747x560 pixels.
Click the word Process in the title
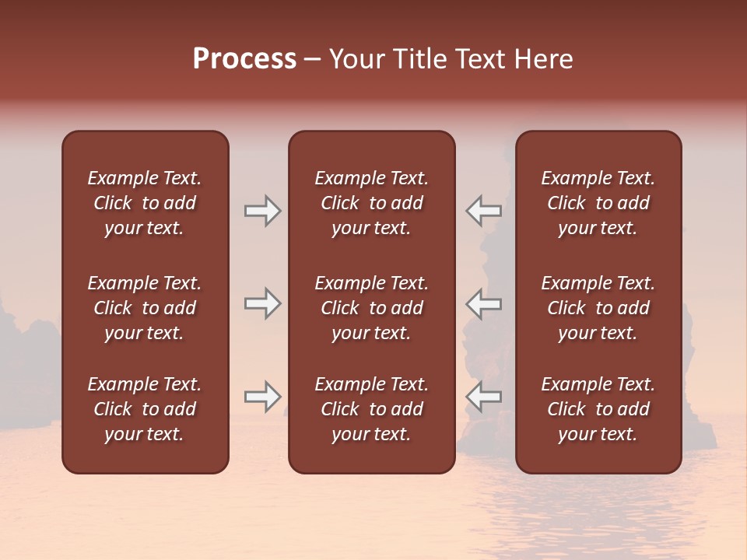pos(244,59)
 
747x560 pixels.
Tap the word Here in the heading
pos(542,59)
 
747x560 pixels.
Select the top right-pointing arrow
pos(262,210)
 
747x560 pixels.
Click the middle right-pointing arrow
pos(262,303)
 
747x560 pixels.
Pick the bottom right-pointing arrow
pos(262,397)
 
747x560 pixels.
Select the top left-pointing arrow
pos(484,210)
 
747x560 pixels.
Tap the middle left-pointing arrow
pos(484,303)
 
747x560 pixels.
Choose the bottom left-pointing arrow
pos(484,397)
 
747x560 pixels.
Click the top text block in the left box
pos(145,203)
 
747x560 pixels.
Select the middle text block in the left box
pos(145,308)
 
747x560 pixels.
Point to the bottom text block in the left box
pos(145,409)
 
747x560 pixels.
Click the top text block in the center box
pos(371,203)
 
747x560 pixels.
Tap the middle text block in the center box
pos(371,308)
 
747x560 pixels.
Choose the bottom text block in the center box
pos(371,409)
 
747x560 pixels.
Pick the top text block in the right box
pos(598,203)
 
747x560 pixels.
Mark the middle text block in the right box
pos(598,308)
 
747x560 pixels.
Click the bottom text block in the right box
pos(598,409)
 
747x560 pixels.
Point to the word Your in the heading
pos(357,59)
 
